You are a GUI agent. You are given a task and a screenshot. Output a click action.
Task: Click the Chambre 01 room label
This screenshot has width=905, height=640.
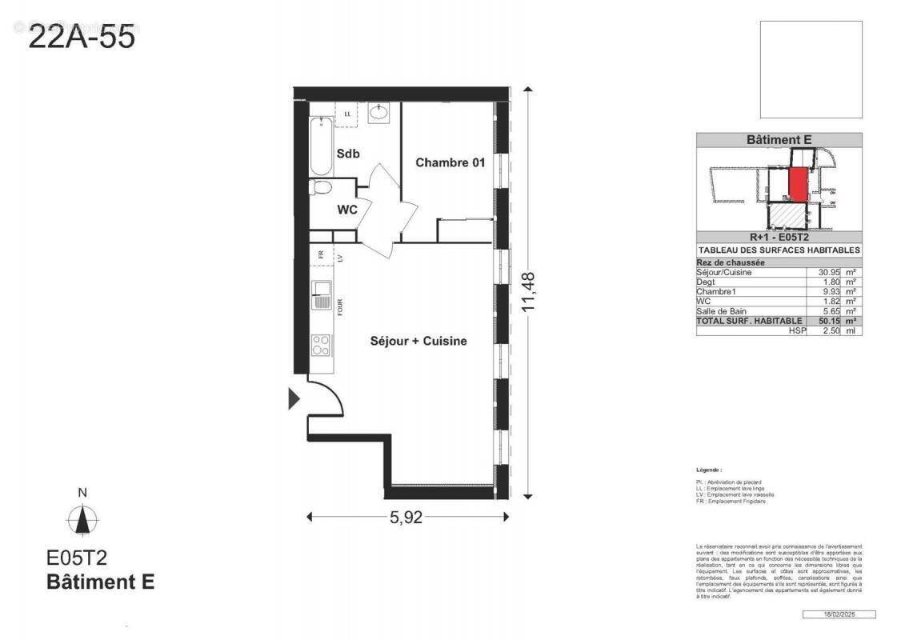450,162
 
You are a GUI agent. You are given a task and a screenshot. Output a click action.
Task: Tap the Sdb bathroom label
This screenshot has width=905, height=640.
347,154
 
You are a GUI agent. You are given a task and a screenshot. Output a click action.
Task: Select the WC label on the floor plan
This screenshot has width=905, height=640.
346,210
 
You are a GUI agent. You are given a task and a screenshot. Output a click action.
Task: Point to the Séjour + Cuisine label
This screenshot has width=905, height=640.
418,341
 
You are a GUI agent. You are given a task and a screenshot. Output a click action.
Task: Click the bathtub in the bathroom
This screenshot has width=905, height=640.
320,146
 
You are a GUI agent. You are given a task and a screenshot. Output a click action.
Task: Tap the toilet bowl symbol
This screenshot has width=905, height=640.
322,189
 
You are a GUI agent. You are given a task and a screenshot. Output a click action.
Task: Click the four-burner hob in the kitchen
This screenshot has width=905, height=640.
320,345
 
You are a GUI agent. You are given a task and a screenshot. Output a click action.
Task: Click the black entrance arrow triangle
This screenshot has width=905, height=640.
294,398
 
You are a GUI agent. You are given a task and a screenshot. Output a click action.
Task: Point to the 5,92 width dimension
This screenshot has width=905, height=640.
406,517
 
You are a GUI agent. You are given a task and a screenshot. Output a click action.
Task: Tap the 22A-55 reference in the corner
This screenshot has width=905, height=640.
82,37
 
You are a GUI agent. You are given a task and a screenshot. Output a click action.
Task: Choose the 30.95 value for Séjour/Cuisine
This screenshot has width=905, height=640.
821,272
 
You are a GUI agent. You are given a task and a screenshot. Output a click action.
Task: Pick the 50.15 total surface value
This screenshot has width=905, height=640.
821,320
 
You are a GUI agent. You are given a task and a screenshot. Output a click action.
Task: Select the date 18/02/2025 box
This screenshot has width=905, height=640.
839,614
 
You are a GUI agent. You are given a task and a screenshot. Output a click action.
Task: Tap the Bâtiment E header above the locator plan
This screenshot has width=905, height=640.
779,140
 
